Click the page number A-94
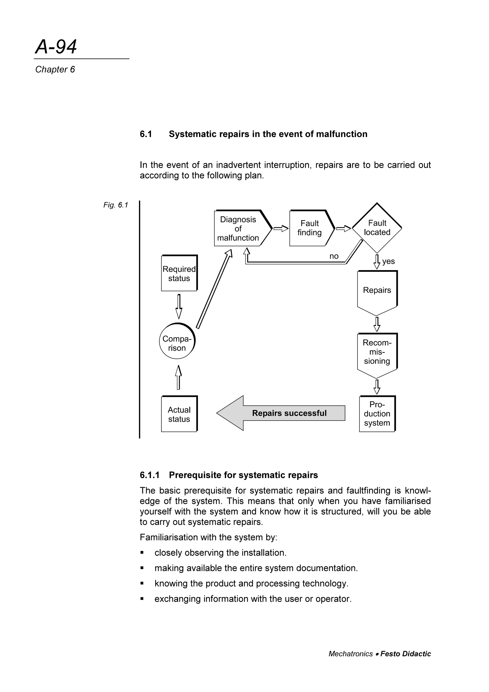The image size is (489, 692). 56,47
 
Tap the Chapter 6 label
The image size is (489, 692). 55,70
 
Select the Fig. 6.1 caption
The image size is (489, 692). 116,205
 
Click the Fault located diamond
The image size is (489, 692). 377,228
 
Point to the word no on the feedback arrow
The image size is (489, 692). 334,256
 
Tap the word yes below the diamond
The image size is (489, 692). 388,261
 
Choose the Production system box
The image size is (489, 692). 377,414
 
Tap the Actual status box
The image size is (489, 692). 179,415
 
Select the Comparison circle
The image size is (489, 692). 177,344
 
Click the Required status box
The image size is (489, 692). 179,274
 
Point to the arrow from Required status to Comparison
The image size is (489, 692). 179,307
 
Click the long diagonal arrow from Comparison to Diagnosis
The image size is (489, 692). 214,289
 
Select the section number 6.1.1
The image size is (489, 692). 149,475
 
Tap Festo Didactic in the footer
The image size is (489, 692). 405,654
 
